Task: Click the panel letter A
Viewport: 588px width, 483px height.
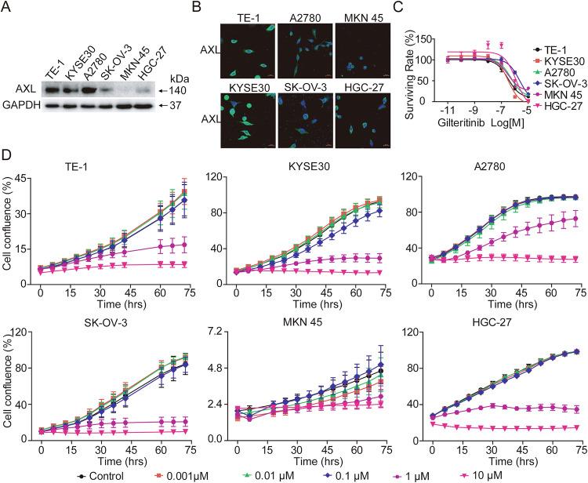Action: coord(6,7)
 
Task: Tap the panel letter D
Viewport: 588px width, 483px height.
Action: coord(6,147)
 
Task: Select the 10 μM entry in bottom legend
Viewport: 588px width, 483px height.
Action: coord(503,475)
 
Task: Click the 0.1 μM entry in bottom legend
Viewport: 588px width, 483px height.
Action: coord(342,475)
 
